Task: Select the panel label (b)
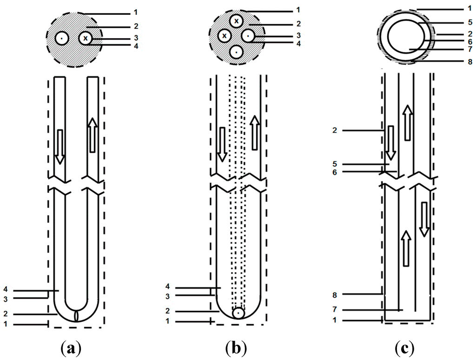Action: [x=236, y=348]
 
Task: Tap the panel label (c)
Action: [x=405, y=348]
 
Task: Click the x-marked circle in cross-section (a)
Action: [x=86, y=38]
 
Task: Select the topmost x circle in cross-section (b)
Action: [x=237, y=20]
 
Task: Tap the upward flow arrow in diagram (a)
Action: [x=92, y=135]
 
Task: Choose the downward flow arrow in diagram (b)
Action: [x=222, y=143]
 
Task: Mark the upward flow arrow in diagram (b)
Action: [x=254, y=133]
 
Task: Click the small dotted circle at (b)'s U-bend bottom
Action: [x=238, y=313]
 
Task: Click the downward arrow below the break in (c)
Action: [x=424, y=219]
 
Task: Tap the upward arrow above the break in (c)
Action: [x=407, y=123]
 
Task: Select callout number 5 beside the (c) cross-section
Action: [x=469, y=21]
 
